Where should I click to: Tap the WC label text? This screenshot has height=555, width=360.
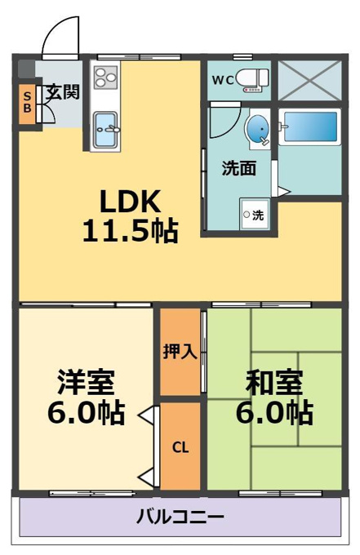pyautogui.click(x=223, y=80)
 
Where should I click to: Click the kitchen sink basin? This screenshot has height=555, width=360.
pyautogui.click(x=105, y=130)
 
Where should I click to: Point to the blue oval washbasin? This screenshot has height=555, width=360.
pyautogui.click(x=257, y=128)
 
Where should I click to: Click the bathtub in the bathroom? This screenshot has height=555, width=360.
pyautogui.click(x=309, y=127)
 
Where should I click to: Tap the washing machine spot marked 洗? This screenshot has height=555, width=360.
pyautogui.click(x=255, y=215)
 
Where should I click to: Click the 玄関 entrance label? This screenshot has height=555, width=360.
pyautogui.click(x=63, y=92)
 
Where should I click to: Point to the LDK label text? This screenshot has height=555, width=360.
pyautogui.click(x=131, y=202)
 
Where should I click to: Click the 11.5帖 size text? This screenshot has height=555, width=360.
pyautogui.click(x=130, y=231)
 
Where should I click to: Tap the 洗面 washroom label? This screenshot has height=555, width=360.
pyautogui.click(x=239, y=168)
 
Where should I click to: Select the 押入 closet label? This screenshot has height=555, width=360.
pyautogui.click(x=180, y=352)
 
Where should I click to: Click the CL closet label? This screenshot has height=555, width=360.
pyautogui.click(x=180, y=448)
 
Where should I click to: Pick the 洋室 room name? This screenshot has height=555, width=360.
pyautogui.click(x=86, y=382)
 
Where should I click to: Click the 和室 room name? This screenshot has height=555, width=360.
pyautogui.click(x=274, y=382)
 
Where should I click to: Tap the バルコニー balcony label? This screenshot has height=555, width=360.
pyautogui.click(x=180, y=517)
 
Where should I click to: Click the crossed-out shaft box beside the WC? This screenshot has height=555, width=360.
pyautogui.click(x=309, y=80)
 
